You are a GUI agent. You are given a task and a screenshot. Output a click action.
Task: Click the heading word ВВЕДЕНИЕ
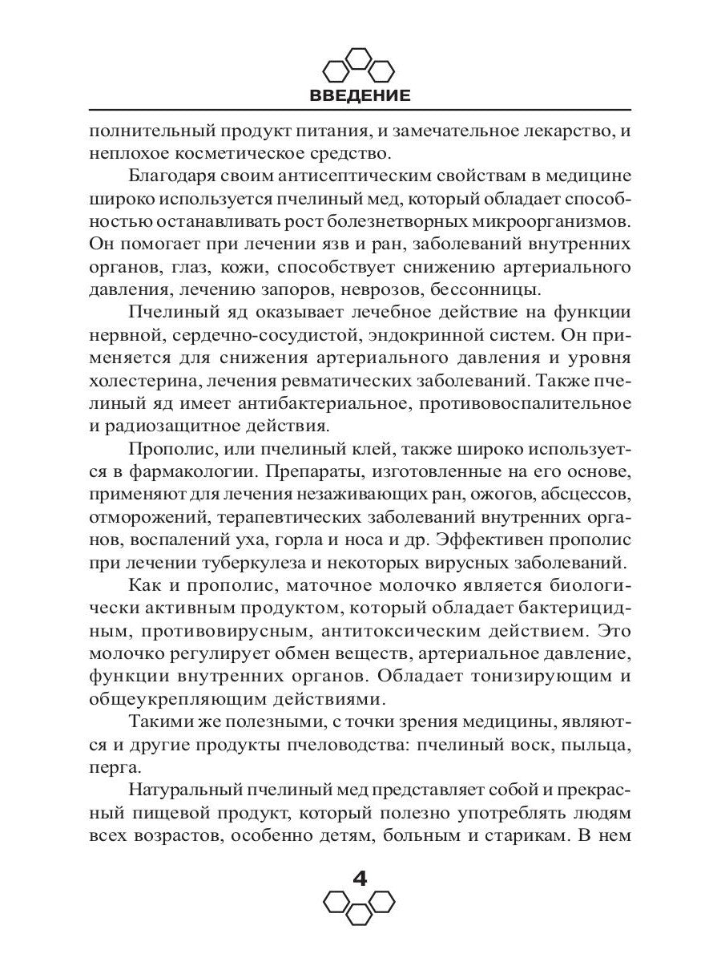[x=360, y=96]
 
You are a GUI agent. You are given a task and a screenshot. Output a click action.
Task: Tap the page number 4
[x=360, y=879]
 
